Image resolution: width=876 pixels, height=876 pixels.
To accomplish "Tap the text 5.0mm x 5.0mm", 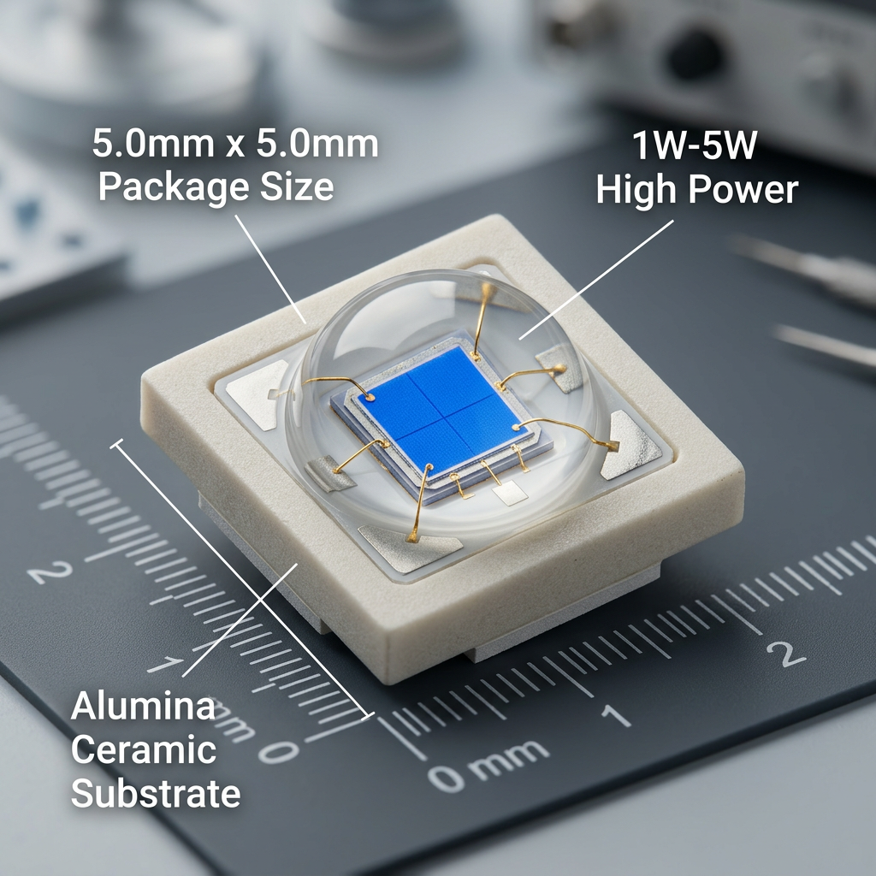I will point(235,144).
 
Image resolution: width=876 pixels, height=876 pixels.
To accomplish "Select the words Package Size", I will point(216,186).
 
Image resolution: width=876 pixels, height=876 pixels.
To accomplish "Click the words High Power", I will point(696,189).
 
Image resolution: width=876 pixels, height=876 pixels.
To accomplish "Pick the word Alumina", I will point(143,707).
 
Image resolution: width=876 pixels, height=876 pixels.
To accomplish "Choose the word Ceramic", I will point(143,750).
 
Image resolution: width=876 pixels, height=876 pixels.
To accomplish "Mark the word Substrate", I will point(155,794).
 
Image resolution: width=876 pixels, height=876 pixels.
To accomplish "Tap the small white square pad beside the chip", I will point(510,493).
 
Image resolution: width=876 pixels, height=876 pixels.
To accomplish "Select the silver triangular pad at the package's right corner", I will point(632,445).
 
